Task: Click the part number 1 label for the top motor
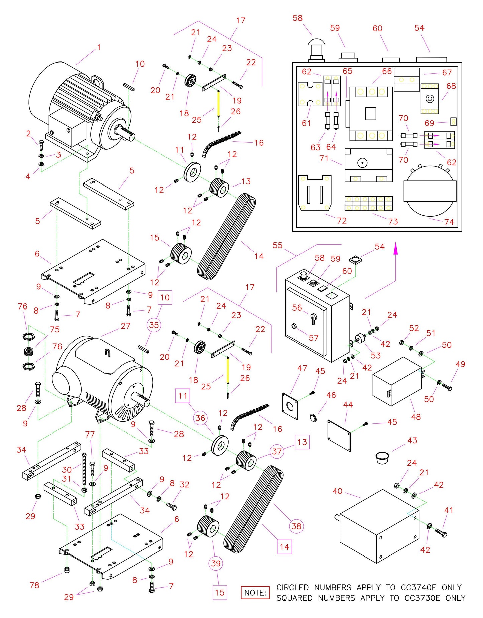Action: (99, 47)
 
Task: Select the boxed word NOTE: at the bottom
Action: (255, 593)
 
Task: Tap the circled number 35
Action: (154, 325)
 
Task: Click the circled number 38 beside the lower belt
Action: (296, 526)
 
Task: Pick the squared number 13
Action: (302, 442)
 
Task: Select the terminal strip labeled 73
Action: (369, 203)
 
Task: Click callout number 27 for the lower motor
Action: (125, 326)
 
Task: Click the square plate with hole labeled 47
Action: (290, 406)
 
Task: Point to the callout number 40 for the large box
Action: (337, 491)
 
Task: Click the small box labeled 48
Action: (397, 381)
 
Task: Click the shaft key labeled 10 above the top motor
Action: (129, 86)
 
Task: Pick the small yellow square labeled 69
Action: (453, 122)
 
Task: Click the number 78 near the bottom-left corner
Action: (34, 585)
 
